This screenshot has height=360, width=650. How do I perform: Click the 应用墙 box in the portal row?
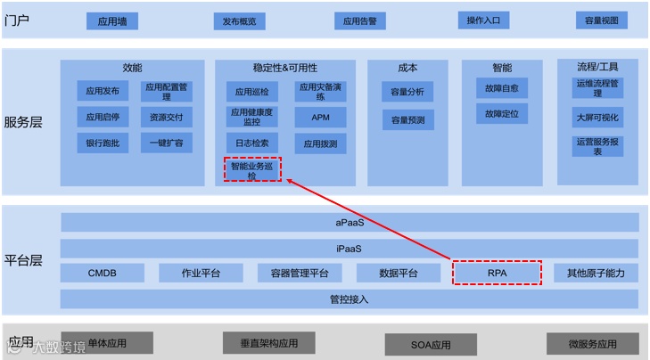point(112,21)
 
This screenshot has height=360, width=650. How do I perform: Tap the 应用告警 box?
point(359,21)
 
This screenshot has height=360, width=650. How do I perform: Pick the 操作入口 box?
point(483,20)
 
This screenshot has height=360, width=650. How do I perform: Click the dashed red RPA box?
point(497,273)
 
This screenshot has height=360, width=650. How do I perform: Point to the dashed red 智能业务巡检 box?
point(252,169)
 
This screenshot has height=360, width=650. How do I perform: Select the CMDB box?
point(103,273)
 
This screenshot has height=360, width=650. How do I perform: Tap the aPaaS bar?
point(350,223)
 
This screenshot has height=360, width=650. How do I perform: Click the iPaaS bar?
point(350,248)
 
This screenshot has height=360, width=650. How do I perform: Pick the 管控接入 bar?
point(350,299)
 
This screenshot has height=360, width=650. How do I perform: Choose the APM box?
point(321,117)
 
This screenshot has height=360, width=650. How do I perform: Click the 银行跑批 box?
point(103,143)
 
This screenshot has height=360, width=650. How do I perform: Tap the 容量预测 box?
point(407,119)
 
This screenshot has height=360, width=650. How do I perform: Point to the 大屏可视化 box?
point(597,117)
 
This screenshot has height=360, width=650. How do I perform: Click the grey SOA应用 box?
point(431,344)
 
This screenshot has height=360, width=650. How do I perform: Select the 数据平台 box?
point(398,273)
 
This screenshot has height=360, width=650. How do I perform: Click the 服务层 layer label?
point(23,122)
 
